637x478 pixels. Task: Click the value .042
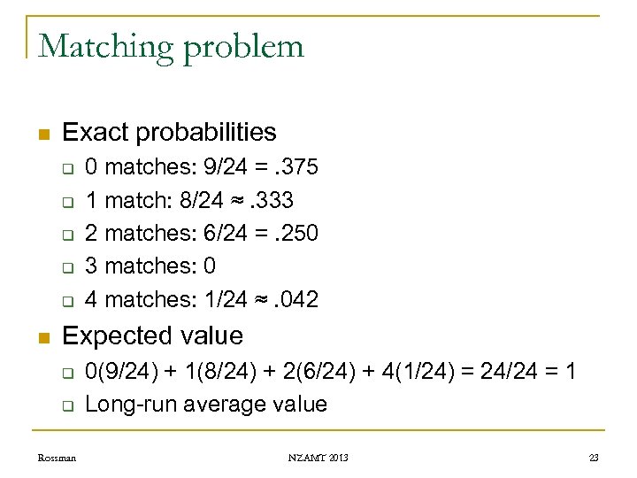[x=296, y=299]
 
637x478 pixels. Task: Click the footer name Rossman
[x=57, y=458]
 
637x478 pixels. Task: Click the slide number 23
[x=593, y=458]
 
